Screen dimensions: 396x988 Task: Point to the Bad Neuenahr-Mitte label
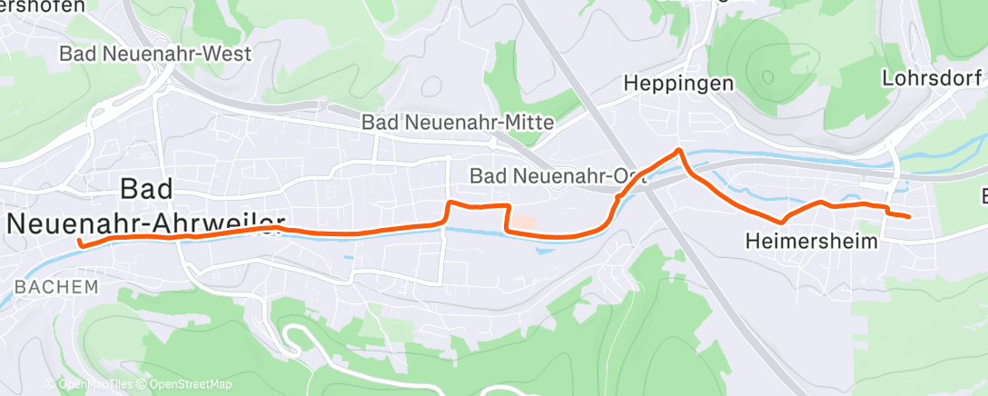[x=457, y=121]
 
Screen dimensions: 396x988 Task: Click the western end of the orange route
[x=80, y=243]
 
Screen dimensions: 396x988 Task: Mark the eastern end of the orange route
[x=909, y=215]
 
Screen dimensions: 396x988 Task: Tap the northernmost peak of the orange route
[x=677, y=150]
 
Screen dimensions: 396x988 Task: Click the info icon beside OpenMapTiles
[x=51, y=385]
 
